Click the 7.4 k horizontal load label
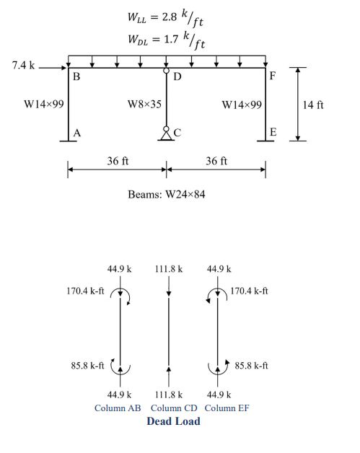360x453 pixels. pos(23,66)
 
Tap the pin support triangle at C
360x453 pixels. pos(166,136)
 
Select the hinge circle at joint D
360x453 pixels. pos(166,71)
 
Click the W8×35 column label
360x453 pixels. pos(144,104)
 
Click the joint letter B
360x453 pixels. pos(76,76)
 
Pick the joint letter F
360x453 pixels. pos(273,76)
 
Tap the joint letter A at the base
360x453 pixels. pos(77,133)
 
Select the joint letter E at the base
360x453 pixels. pos(273,132)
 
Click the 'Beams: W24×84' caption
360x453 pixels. pos(167,194)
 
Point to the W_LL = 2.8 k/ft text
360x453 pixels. pos(165,17)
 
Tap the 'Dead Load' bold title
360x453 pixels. pos(173,421)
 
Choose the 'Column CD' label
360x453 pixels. pos(174,408)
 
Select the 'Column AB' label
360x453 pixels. pos(118,408)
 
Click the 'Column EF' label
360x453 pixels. pos(227,408)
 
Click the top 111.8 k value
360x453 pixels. pos(169,269)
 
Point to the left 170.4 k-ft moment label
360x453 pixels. pos(85,291)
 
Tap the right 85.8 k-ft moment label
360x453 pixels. pos(251,366)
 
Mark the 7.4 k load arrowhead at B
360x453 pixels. pos(64,68)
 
